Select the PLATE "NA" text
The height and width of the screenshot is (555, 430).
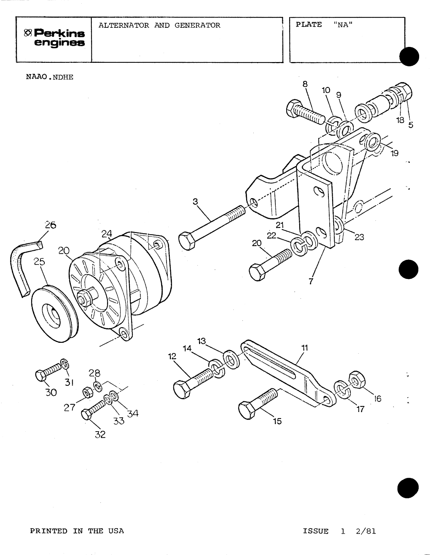324,25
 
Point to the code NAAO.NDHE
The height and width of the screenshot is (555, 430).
50,78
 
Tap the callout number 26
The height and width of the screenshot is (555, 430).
50,225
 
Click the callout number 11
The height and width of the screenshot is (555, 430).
304,348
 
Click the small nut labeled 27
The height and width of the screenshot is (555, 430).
87,392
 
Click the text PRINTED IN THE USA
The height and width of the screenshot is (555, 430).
77,531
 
